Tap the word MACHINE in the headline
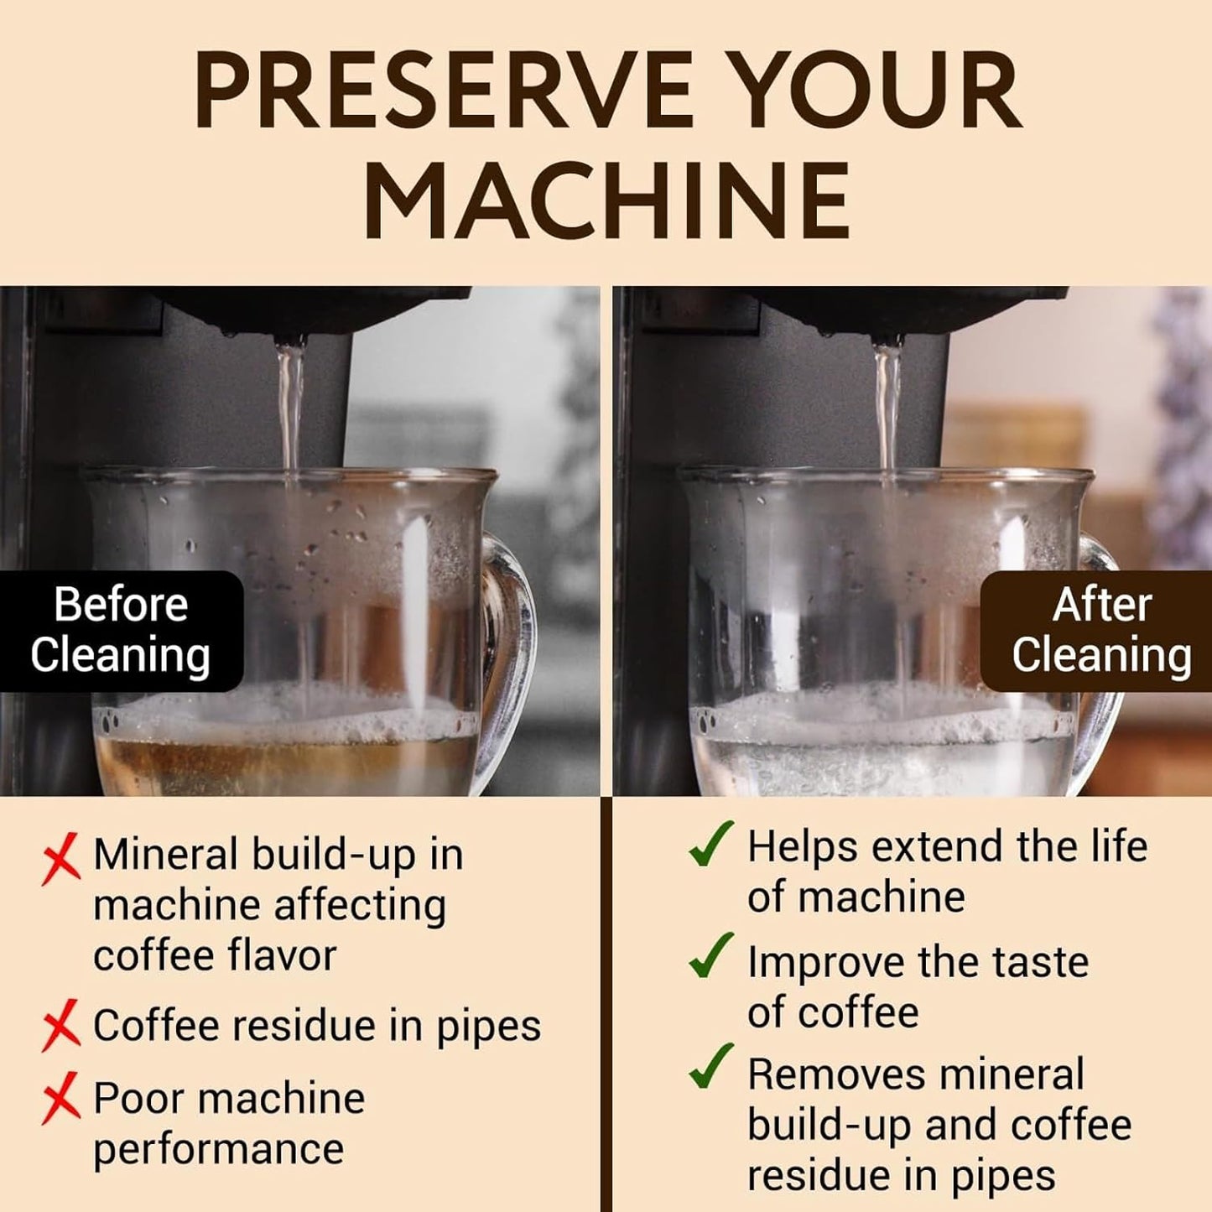[x=606, y=200]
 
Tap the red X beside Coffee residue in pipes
[x=60, y=1025]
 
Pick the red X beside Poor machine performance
[x=60, y=1098]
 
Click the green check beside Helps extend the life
[x=710, y=845]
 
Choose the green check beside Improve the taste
[x=710, y=957]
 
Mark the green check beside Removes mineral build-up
[x=710, y=1068]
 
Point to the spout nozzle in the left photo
[x=290, y=340]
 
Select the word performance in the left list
[x=218, y=1150]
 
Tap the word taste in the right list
[x=1040, y=962]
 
